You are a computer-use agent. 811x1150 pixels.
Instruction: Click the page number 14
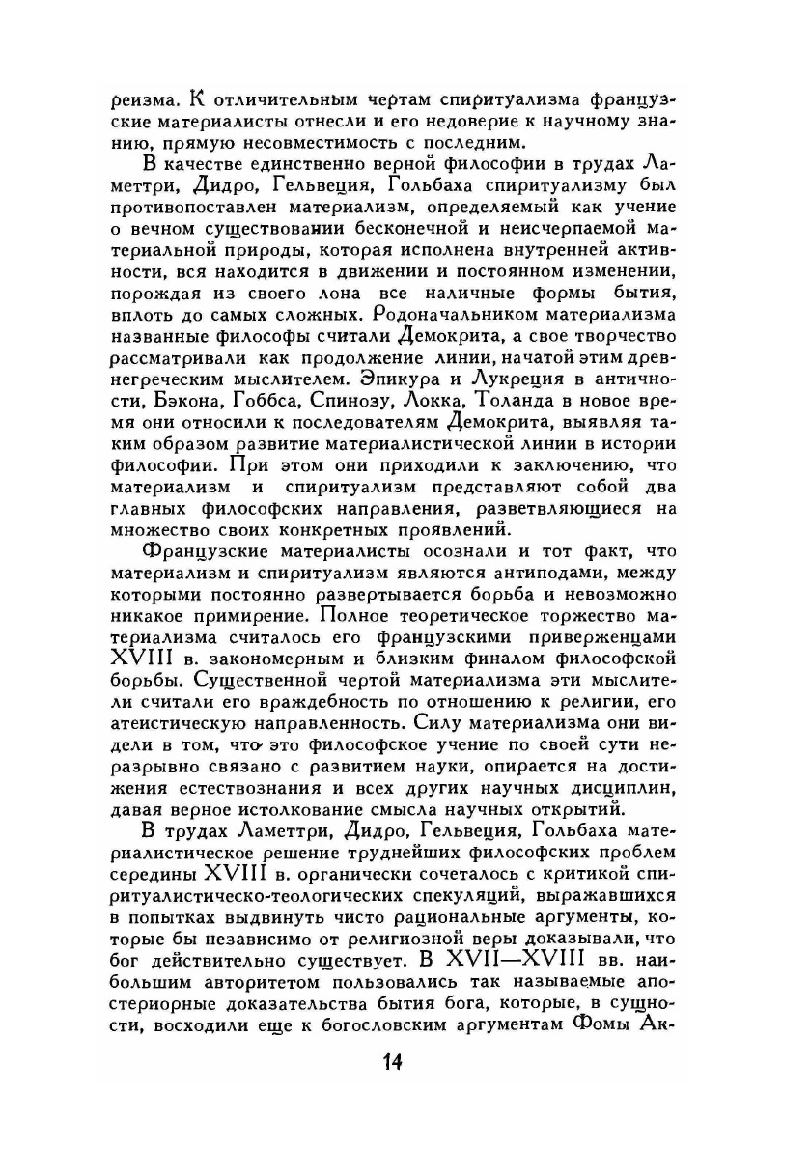point(391,1063)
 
